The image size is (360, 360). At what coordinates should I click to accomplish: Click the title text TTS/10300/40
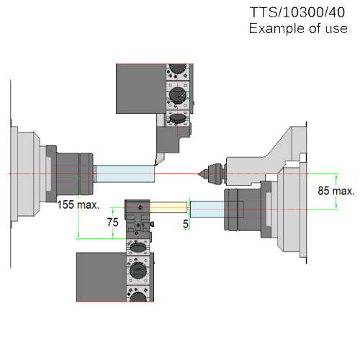pos(297,12)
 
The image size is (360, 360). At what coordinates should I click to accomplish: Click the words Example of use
pos(298,29)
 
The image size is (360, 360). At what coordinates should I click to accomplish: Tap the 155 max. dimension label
pos(78,205)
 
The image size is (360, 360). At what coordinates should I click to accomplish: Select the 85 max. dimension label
pos(336,191)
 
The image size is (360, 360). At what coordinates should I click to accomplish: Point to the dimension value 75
pos(112,222)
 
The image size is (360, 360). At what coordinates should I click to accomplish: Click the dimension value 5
pos(186,224)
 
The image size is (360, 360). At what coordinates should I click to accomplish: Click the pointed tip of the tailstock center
pos(198,174)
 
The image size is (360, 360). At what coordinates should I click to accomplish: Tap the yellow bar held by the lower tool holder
pos(168,207)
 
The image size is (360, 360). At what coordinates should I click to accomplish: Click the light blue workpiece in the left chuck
pos(125,174)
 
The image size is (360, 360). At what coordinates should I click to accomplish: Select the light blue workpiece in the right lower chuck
pos(207,210)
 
